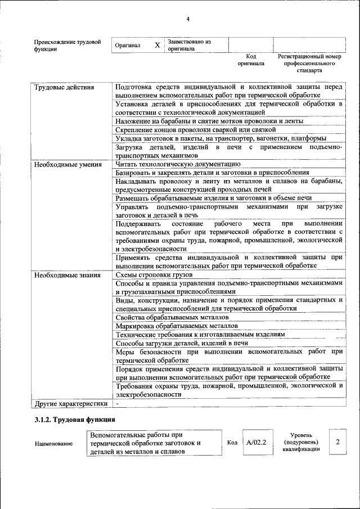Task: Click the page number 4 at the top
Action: [x=188, y=20]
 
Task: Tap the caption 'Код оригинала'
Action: [x=251, y=60]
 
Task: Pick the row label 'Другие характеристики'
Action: [x=70, y=404]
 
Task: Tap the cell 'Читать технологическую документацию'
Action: [x=178, y=164]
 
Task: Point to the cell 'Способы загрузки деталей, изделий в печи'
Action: [x=181, y=343]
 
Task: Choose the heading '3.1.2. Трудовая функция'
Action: [x=75, y=420]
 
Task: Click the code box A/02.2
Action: [x=256, y=442]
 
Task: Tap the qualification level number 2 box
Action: [x=337, y=442]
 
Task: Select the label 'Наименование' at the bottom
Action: [x=54, y=444]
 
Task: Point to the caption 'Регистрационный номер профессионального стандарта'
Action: [x=309, y=64]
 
